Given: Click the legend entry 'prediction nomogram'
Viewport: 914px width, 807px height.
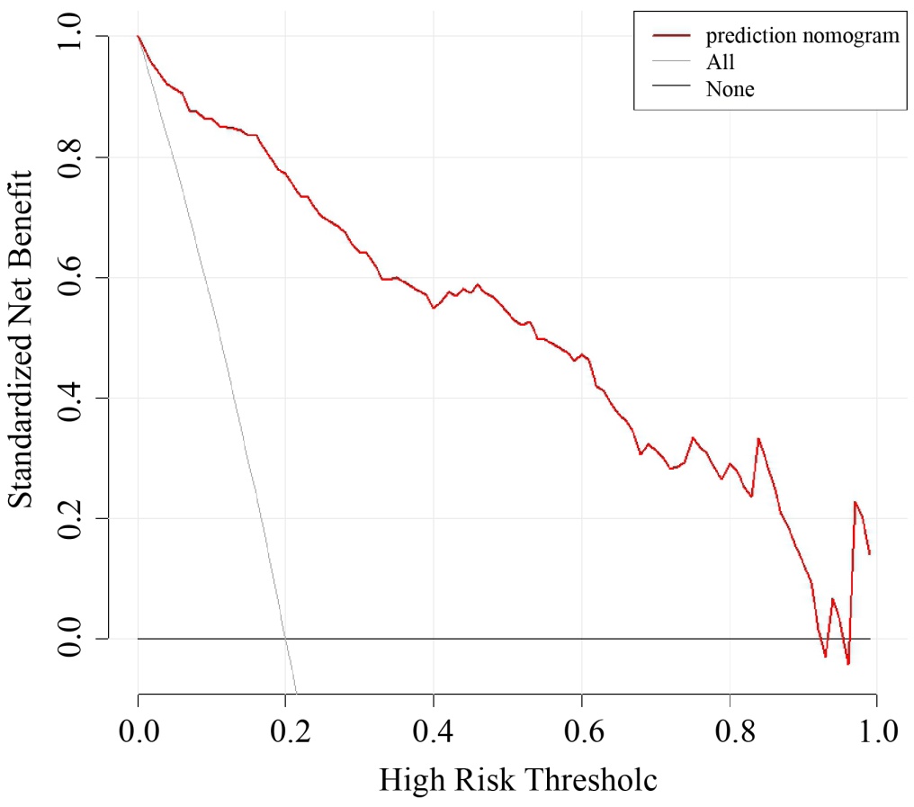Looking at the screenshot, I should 802,36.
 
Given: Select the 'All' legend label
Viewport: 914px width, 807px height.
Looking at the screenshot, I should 721,62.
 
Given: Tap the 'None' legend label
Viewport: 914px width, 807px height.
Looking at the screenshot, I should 730,88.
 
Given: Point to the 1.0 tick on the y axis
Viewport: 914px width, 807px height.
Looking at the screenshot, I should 71,36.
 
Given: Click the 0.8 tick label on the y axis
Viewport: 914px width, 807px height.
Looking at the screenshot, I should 71,157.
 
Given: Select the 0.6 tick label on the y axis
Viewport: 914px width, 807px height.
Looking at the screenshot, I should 71,277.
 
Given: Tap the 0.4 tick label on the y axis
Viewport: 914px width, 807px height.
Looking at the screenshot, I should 71,398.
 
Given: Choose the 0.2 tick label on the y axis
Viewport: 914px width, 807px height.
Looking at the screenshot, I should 71,518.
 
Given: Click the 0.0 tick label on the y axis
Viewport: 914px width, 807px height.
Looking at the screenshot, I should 71,639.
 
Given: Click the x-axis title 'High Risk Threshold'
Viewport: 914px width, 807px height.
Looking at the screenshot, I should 517,779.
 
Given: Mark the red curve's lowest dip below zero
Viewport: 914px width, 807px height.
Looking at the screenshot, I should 848,664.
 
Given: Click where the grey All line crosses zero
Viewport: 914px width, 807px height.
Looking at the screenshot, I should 284,639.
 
